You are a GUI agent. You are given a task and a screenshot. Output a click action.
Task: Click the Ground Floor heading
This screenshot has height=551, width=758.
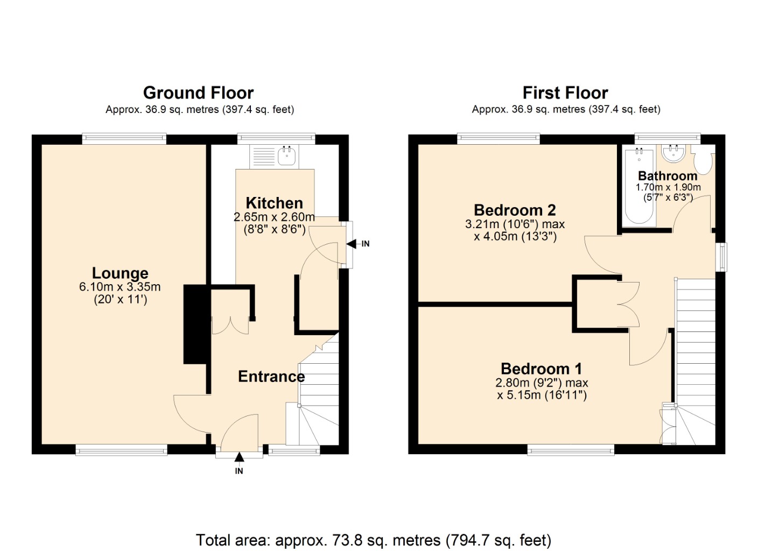coord(198,93)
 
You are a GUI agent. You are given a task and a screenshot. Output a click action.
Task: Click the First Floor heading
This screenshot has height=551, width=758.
coord(565,93)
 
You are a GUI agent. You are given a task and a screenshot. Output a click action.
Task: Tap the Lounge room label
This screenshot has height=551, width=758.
coord(120,273)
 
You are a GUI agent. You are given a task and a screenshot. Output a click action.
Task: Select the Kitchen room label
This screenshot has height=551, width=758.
coord(274,203)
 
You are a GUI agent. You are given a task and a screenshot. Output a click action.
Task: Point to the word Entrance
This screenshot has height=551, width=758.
coord(271,377)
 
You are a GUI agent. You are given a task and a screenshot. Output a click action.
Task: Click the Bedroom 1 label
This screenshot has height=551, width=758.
coord(541,369)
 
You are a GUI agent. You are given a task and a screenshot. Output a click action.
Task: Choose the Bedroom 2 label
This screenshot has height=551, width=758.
coord(515,210)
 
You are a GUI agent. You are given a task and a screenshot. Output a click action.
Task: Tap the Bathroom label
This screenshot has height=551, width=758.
coord(668,176)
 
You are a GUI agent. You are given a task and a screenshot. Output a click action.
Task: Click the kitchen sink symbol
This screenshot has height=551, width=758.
coord(287,157)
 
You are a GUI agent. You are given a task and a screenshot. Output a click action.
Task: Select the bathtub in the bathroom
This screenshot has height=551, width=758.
coord(639,186)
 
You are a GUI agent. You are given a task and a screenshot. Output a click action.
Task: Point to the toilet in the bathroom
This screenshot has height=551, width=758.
coord(703,160)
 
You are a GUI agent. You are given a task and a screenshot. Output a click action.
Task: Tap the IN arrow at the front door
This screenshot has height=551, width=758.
coord(239,457)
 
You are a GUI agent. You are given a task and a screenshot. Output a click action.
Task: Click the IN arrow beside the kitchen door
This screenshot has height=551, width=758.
coord(352,244)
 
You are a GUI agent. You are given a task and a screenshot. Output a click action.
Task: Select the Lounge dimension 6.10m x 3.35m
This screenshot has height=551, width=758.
coord(120,287)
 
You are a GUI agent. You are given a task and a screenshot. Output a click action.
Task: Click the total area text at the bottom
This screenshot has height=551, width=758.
coord(374,540)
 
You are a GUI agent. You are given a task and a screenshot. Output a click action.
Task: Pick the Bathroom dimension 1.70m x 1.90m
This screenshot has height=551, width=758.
coord(668,187)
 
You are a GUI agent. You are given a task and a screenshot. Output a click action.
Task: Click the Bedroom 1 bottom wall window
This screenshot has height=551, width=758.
coord(571,450)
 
